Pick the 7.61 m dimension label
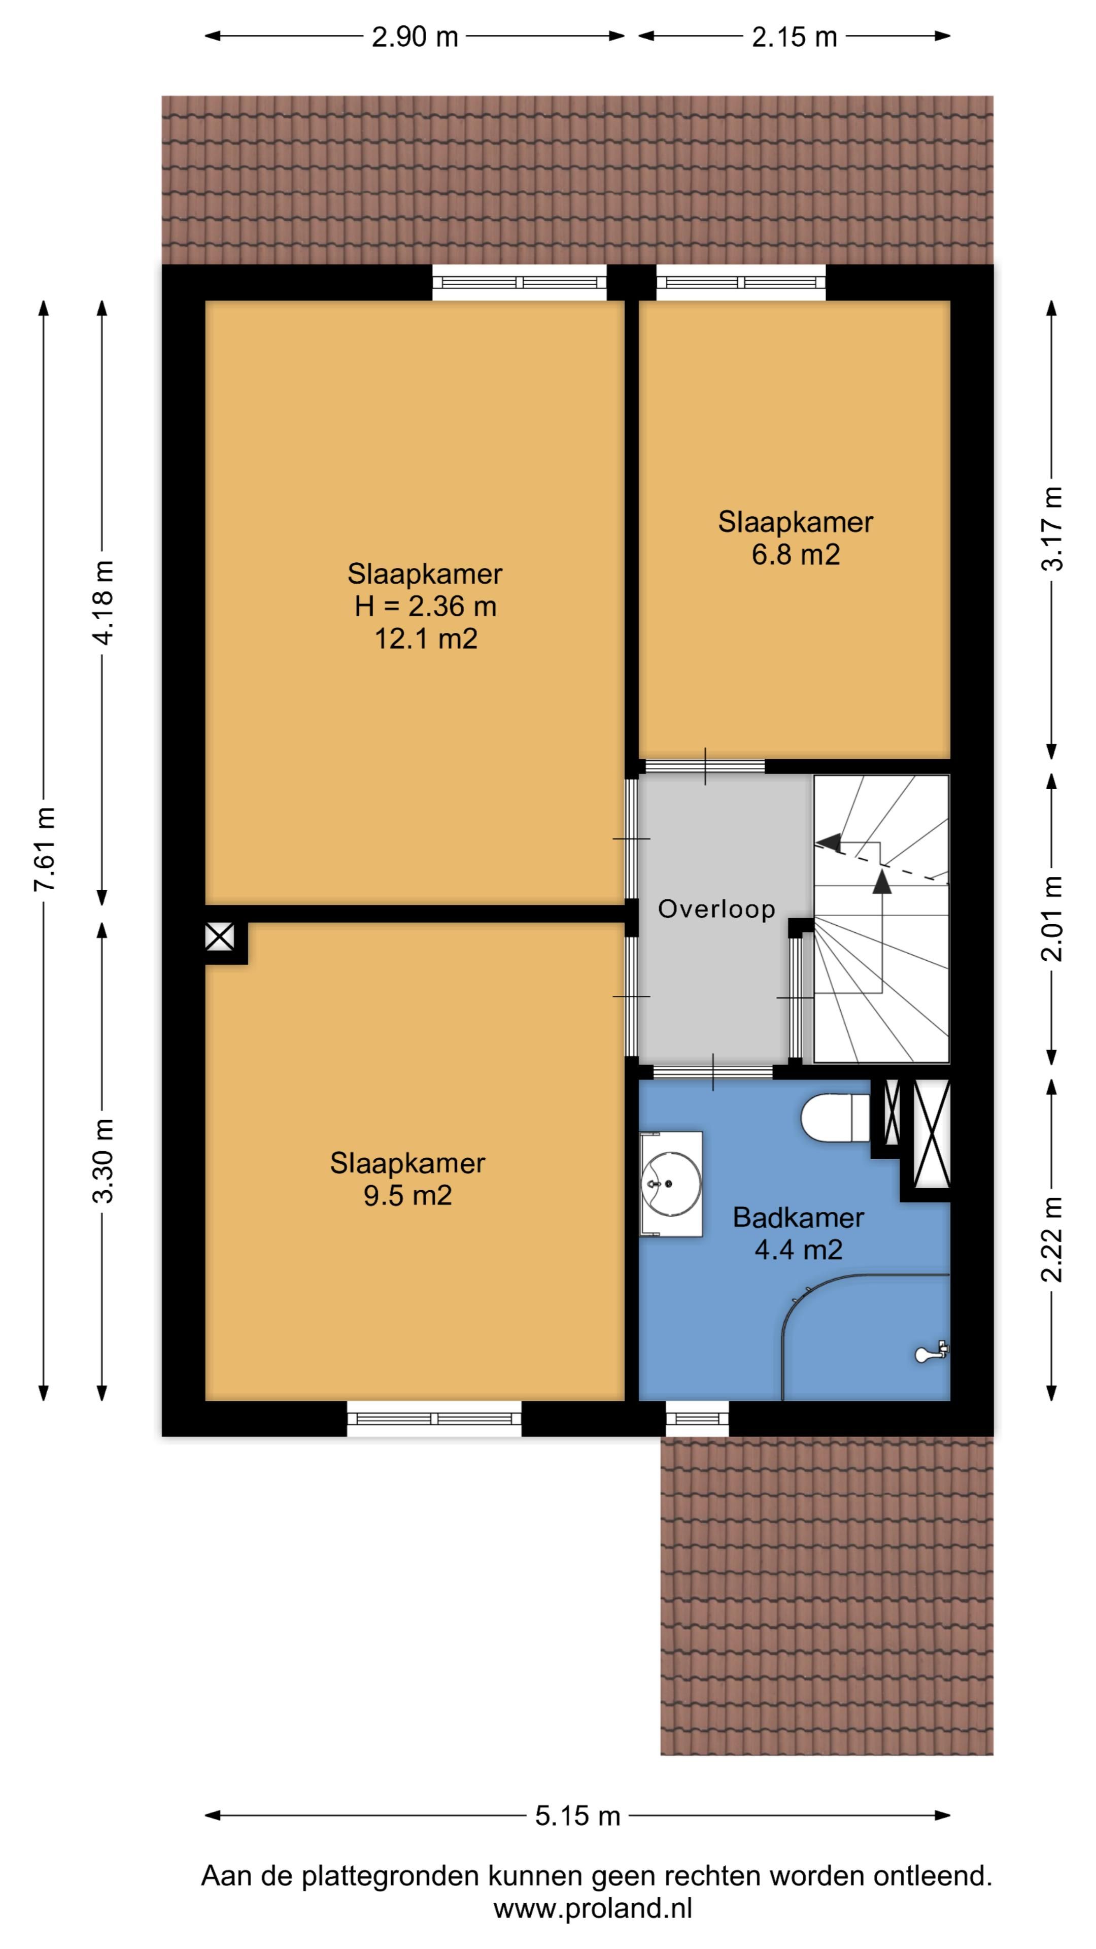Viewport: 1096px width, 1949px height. [45, 850]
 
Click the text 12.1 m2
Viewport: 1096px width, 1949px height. [426, 640]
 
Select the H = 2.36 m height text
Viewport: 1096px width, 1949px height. [425, 606]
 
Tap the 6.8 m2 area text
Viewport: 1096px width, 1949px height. [795, 555]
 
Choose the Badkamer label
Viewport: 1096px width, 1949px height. [798, 1218]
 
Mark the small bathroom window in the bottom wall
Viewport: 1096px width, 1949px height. [697, 1418]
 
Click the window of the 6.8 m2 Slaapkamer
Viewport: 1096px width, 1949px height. [740, 282]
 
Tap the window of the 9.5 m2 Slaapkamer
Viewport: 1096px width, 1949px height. [434, 1418]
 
